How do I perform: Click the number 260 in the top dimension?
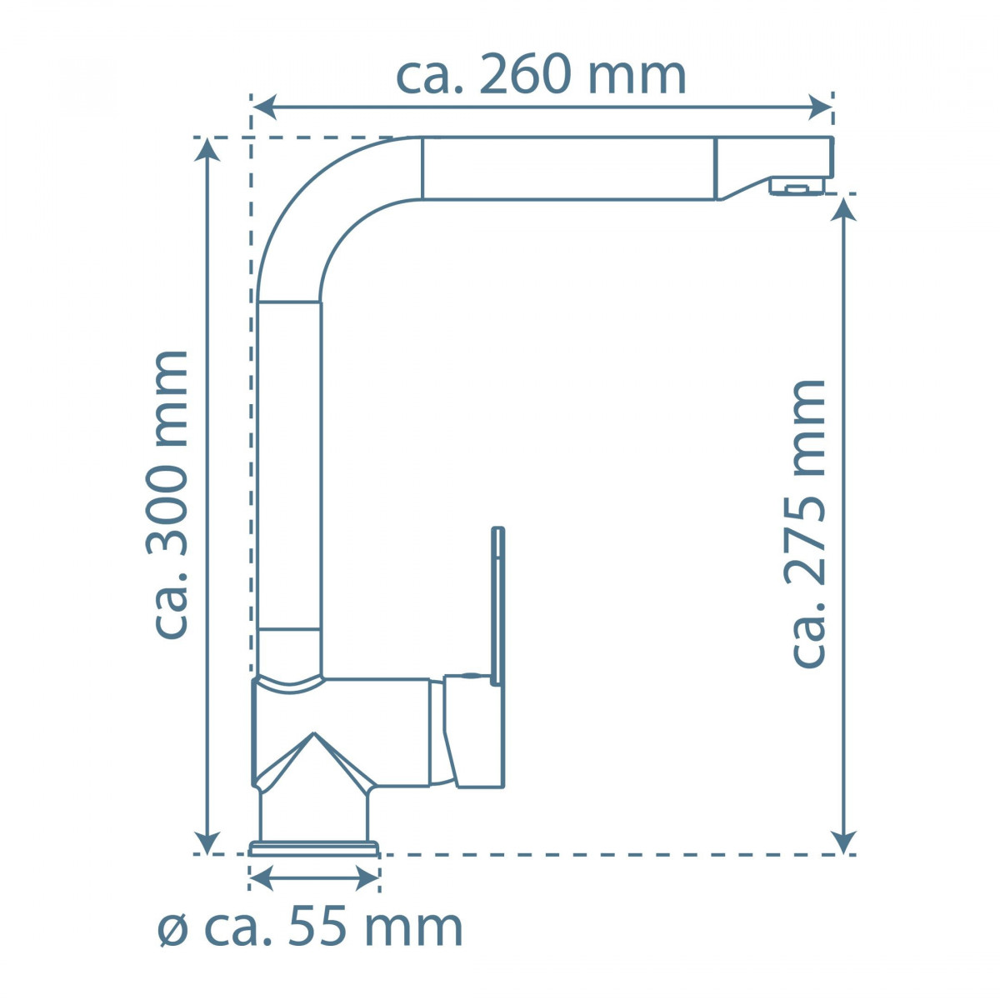click(x=528, y=76)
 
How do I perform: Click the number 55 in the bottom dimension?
click(x=316, y=927)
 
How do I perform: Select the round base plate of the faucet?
click(x=313, y=849)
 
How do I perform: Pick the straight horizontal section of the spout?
click(x=567, y=168)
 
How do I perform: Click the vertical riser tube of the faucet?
click(x=288, y=467)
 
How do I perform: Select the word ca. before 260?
click(x=432, y=76)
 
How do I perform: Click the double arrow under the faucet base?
click(x=314, y=877)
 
